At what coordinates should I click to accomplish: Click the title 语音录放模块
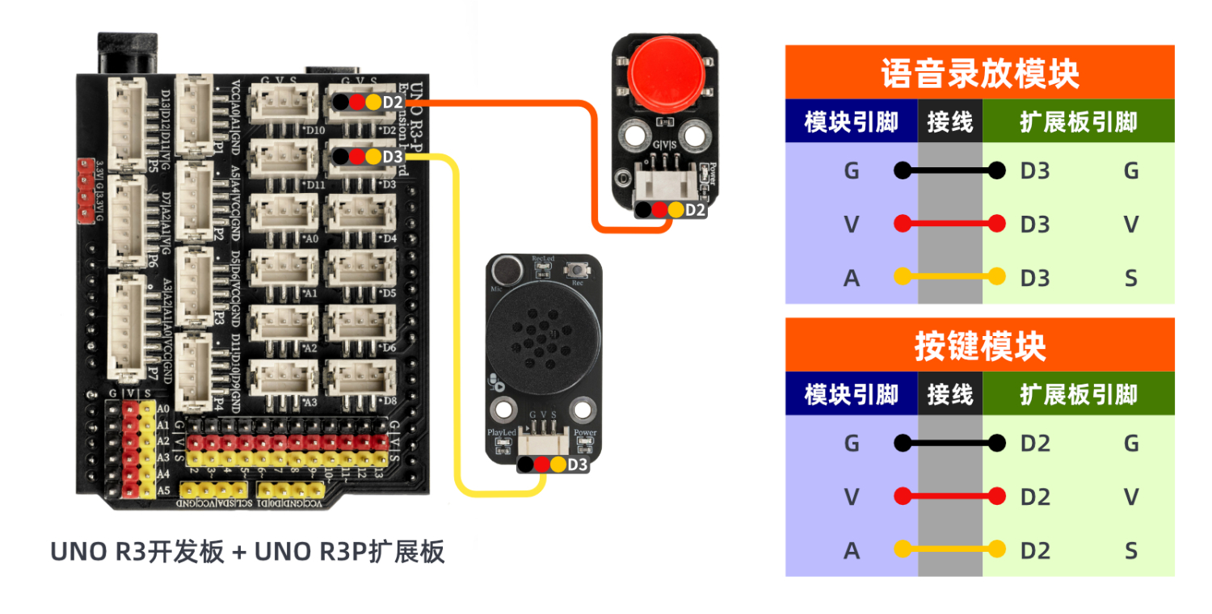click(979, 74)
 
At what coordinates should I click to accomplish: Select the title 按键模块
click(979, 347)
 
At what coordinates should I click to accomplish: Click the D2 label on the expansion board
click(393, 103)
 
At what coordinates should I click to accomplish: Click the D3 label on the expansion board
click(393, 156)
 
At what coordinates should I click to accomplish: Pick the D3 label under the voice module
click(578, 465)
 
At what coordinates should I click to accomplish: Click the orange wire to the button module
click(517, 103)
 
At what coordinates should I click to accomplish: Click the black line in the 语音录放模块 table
click(949, 170)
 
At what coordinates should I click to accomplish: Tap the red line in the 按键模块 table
click(949, 496)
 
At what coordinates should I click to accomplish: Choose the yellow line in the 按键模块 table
click(949, 550)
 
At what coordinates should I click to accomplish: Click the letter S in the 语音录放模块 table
click(1130, 278)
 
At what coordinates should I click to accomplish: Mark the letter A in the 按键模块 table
click(851, 550)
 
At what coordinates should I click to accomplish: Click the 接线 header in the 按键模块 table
click(950, 394)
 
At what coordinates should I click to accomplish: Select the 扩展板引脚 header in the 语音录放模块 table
click(1078, 122)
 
